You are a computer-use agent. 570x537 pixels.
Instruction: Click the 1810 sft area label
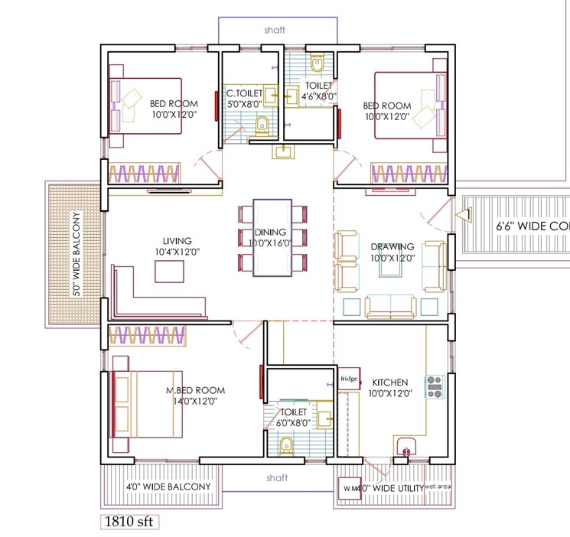[129, 522]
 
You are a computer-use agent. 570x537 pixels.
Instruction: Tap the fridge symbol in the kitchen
[348, 379]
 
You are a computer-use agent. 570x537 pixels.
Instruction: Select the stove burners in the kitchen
[435, 387]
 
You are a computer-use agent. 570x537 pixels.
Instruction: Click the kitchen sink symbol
[406, 447]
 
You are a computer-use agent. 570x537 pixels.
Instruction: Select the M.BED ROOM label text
[195, 390]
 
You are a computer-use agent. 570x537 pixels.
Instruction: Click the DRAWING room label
[392, 246]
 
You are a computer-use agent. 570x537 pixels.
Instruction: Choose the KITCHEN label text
[389, 382]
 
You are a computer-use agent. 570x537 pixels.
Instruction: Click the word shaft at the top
[275, 30]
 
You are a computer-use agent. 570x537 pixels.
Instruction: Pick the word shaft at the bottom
[276, 477]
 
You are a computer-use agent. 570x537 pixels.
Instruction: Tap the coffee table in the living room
[169, 272]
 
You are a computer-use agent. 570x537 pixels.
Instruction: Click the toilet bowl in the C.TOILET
[262, 124]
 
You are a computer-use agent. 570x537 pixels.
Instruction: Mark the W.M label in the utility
[350, 487]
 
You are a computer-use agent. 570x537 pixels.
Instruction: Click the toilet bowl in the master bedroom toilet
[286, 444]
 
